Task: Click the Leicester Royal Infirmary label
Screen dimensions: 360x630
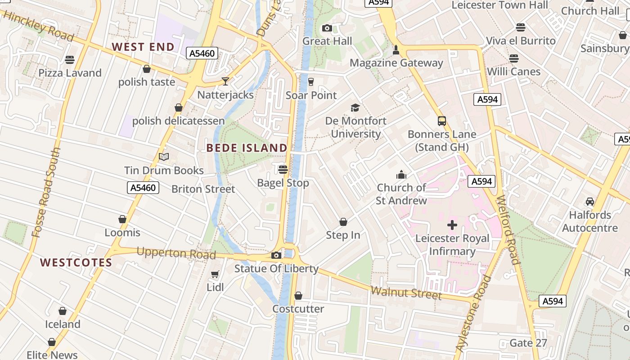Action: [x=452, y=245]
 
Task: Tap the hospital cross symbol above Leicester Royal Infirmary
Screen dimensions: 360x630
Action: [x=452, y=225]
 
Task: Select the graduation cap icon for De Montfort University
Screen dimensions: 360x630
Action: [x=355, y=108]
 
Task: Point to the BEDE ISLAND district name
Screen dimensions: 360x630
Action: [x=247, y=148]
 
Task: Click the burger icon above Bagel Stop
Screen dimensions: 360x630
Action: [x=283, y=170]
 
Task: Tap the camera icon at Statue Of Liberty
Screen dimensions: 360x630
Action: [x=276, y=256]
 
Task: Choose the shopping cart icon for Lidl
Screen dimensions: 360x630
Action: [x=215, y=274]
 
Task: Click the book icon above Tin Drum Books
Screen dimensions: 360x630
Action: [x=164, y=157]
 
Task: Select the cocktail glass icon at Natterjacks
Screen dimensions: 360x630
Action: [x=225, y=81]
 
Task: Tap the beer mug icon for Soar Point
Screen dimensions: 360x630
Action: [x=311, y=81]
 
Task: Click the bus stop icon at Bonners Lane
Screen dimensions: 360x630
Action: [x=442, y=121]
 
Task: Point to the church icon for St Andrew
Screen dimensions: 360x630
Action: [x=401, y=175]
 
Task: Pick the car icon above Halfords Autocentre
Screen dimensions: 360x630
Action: [x=589, y=202]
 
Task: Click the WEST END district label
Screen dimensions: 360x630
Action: [x=143, y=47]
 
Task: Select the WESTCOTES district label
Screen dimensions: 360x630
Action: [x=76, y=262]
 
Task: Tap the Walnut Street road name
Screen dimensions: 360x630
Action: [x=406, y=293]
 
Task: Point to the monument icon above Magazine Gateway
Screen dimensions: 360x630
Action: [x=396, y=49]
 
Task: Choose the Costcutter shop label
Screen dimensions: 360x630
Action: [x=298, y=309]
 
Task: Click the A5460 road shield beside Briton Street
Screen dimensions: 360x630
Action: [x=143, y=188]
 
